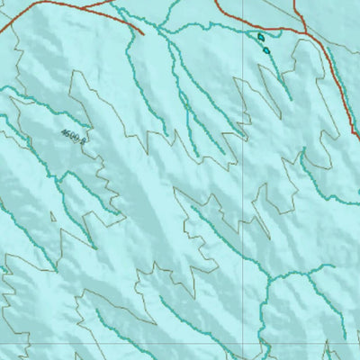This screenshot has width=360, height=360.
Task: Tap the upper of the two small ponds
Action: [261, 38]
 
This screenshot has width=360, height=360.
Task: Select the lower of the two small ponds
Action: [267, 49]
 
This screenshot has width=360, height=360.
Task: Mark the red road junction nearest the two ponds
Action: [305, 35]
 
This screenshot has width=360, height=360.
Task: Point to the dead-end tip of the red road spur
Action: [143, 35]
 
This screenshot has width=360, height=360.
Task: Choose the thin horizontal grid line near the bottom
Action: [135, 344]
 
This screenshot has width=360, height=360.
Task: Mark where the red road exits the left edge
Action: [1, 41]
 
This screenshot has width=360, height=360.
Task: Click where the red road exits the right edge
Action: [358, 138]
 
